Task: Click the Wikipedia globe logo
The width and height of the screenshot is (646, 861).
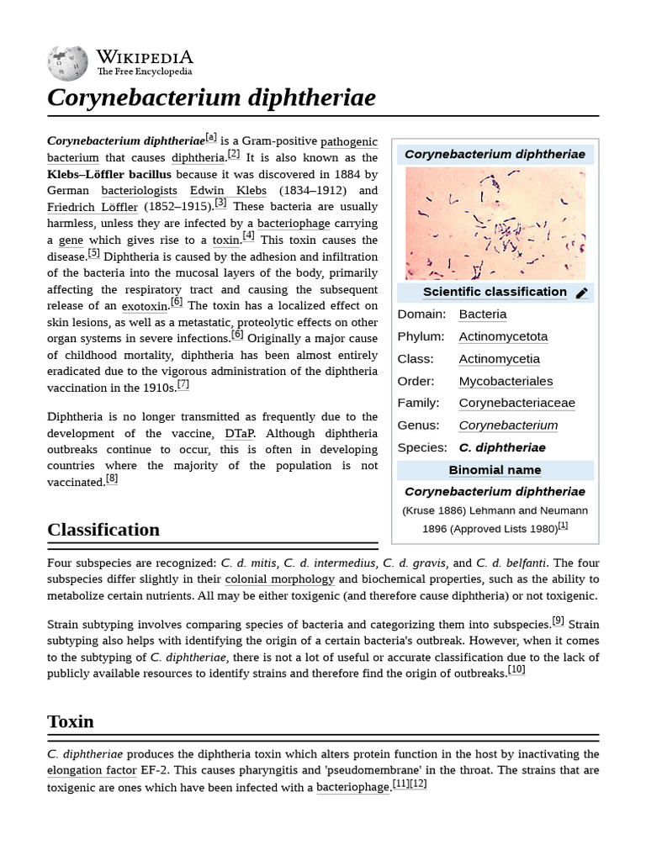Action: pyautogui.click(x=67, y=64)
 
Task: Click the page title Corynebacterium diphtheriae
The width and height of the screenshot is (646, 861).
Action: pyautogui.click(x=211, y=98)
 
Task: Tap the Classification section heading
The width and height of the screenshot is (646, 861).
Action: pyautogui.click(x=103, y=530)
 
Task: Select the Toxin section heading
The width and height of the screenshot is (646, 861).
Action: pyautogui.click(x=71, y=721)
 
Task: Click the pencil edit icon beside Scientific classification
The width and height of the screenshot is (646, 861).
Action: pyautogui.click(x=582, y=293)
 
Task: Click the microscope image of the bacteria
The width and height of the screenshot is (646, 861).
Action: pyautogui.click(x=495, y=223)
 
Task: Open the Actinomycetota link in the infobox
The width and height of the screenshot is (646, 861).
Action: pyautogui.click(x=503, y=336)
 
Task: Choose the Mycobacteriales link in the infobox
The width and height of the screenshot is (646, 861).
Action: pyautogui.click(x=506, y=381)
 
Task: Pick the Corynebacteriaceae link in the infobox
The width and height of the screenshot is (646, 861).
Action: pyautogui.click(x=516, y=403)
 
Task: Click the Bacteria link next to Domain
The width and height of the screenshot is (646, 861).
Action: pyautogui.click(x=483, y=314)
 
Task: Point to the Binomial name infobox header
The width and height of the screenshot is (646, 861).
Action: pyautogui.click(x=495, y=470)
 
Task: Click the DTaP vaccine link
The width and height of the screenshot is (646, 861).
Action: pyautogui.click(x=238, y=433)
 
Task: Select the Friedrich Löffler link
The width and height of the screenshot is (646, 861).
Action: pyautogui.click(x=93, y=207)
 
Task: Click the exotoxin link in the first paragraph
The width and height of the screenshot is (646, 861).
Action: pyautogui.click(x=145, y=306)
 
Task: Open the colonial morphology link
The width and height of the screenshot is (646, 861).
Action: pyautogui.click(x=279, y=579)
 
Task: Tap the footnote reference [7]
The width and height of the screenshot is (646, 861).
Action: pyautogui.click(x=183, y=385)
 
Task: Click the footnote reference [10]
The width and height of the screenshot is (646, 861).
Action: pyautogui.click(x=516, y=670)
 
